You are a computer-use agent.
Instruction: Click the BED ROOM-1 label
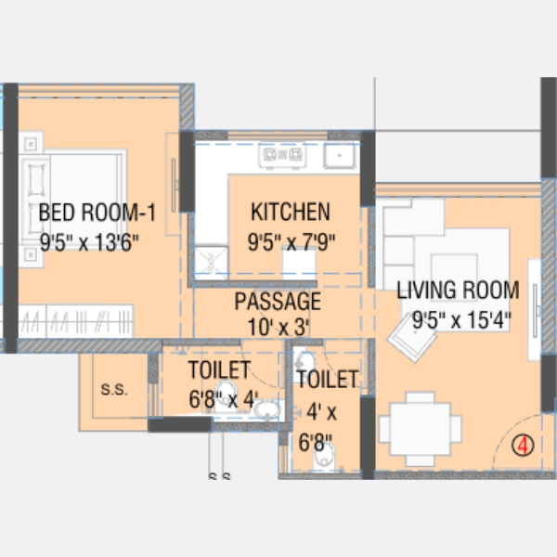[x=97, y=213]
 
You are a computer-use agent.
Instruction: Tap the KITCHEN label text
[x=291, y=212]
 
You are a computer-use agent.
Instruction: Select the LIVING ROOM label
[x=458, y=290]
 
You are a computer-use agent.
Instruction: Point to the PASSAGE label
[x=278, y=301]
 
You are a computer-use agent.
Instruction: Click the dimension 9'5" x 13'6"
[x=89, y=242]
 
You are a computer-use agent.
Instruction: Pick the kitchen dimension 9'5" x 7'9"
[x=291, y=242]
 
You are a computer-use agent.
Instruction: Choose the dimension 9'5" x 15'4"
[x=461, y=319]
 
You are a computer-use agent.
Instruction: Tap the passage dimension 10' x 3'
[x=278, y=327]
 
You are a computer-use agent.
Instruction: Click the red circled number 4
[x=523, y=446]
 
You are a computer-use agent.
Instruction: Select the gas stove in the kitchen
[x=282, y=155]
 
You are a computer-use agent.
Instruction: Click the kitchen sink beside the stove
[x=340, y=155]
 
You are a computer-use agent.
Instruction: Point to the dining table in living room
[x=421, y=429]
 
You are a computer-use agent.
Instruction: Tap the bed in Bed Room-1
[x=72, y=199]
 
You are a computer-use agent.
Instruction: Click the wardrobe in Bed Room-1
[x=76, y=321]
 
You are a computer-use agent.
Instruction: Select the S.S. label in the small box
[x=114, y=390]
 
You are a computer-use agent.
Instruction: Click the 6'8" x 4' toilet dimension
[x=223, y=399]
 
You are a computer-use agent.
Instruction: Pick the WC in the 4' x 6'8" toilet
[x=325, y=457]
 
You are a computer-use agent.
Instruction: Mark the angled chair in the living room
[x=412, y=339]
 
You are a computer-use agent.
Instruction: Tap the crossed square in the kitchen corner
[x=211, y=264]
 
